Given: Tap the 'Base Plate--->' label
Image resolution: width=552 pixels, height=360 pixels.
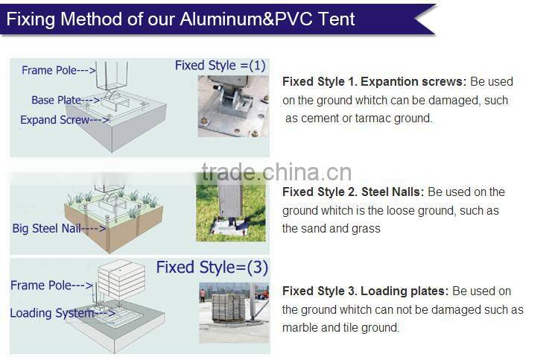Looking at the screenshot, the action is click(66, 100).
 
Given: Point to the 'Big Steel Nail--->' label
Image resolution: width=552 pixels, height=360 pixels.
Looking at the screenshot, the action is click(59, 228).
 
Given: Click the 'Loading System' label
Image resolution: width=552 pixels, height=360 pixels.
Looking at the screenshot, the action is click(53, 313).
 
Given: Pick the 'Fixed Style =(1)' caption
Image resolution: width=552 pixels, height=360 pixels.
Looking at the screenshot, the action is click(220, 66).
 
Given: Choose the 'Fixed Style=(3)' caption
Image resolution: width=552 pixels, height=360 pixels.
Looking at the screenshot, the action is click(212, 267).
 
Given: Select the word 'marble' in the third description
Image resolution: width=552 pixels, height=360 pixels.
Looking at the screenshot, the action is click(299, 327).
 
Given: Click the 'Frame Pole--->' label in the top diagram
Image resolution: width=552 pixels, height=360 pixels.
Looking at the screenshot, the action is click(58, 70).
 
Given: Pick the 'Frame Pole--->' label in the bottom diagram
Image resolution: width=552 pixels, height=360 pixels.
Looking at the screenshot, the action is click(51, 285).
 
